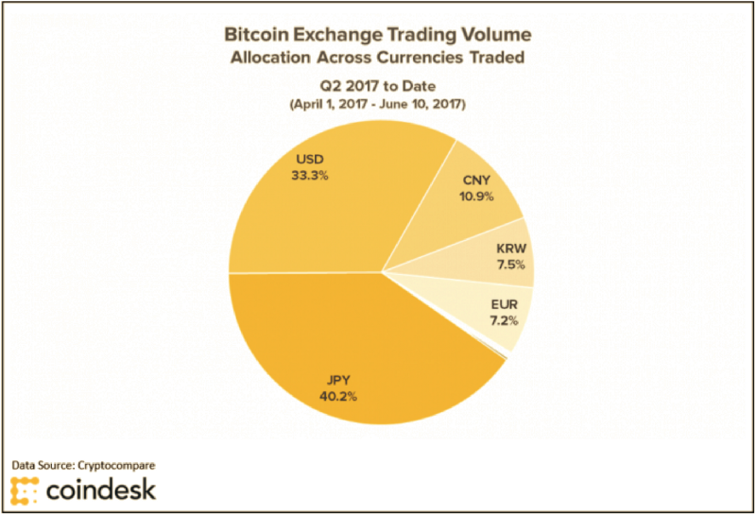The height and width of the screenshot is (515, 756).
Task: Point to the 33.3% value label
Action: pos(310,176)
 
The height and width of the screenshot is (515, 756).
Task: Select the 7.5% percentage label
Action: pos(511,266)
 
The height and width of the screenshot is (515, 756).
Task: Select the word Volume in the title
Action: pos(491,35)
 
